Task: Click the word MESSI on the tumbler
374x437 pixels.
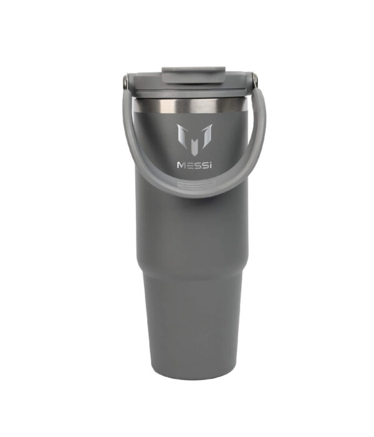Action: click(194, 165)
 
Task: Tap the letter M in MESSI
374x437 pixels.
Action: click(181, 165)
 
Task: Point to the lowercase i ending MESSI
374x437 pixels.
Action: click(210, 165)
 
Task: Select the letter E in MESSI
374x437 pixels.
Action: click(189, 165)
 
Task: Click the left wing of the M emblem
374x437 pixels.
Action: click(182, 136)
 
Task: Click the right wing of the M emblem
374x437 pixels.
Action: click(206, 136)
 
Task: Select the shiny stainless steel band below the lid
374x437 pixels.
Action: click(189, 106)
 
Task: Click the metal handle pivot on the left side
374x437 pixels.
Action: click(126, 81)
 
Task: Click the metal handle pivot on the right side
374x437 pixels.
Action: click(254, 80)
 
